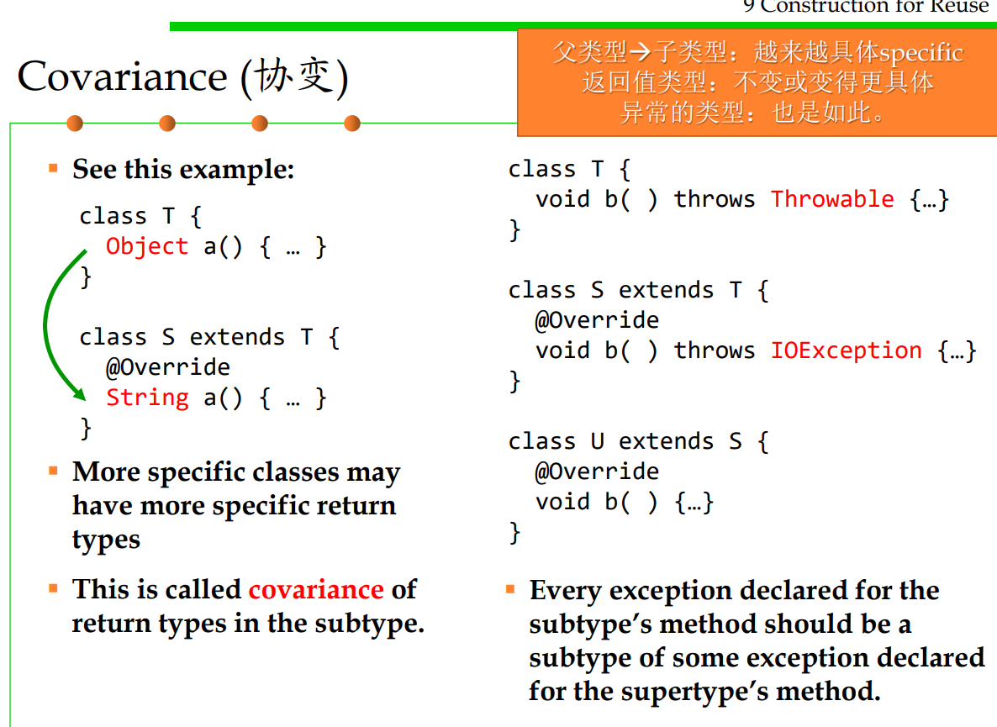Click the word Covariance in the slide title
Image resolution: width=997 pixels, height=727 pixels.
click(122, 76)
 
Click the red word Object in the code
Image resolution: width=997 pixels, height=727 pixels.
click(147, 246)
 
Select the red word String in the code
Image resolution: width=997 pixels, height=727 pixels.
click(147, 398)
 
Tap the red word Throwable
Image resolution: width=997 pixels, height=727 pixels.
click(832, 199)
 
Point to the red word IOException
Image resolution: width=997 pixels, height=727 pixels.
click(847, 350)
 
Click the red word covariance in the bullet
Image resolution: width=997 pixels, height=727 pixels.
click(316, 589)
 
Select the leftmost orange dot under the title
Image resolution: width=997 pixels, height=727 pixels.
click(75, 124)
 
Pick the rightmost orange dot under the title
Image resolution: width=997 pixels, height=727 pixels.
click(352, 124)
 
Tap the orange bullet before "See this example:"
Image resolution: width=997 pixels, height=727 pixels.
click(54, 168)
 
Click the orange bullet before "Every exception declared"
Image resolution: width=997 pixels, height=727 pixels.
click(510, 590)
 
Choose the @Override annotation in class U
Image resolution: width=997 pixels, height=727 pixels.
click(596, 471)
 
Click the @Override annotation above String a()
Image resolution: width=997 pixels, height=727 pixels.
click(168, 367)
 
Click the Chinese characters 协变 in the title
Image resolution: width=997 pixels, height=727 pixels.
click(293, 76)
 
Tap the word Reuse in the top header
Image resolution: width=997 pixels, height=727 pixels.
click(959, 6)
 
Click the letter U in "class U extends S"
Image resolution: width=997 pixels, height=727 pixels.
click(597, 441)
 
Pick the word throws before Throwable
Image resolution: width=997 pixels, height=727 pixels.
click(714, 199)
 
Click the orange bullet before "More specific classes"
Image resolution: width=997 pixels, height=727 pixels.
click(54, 471)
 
